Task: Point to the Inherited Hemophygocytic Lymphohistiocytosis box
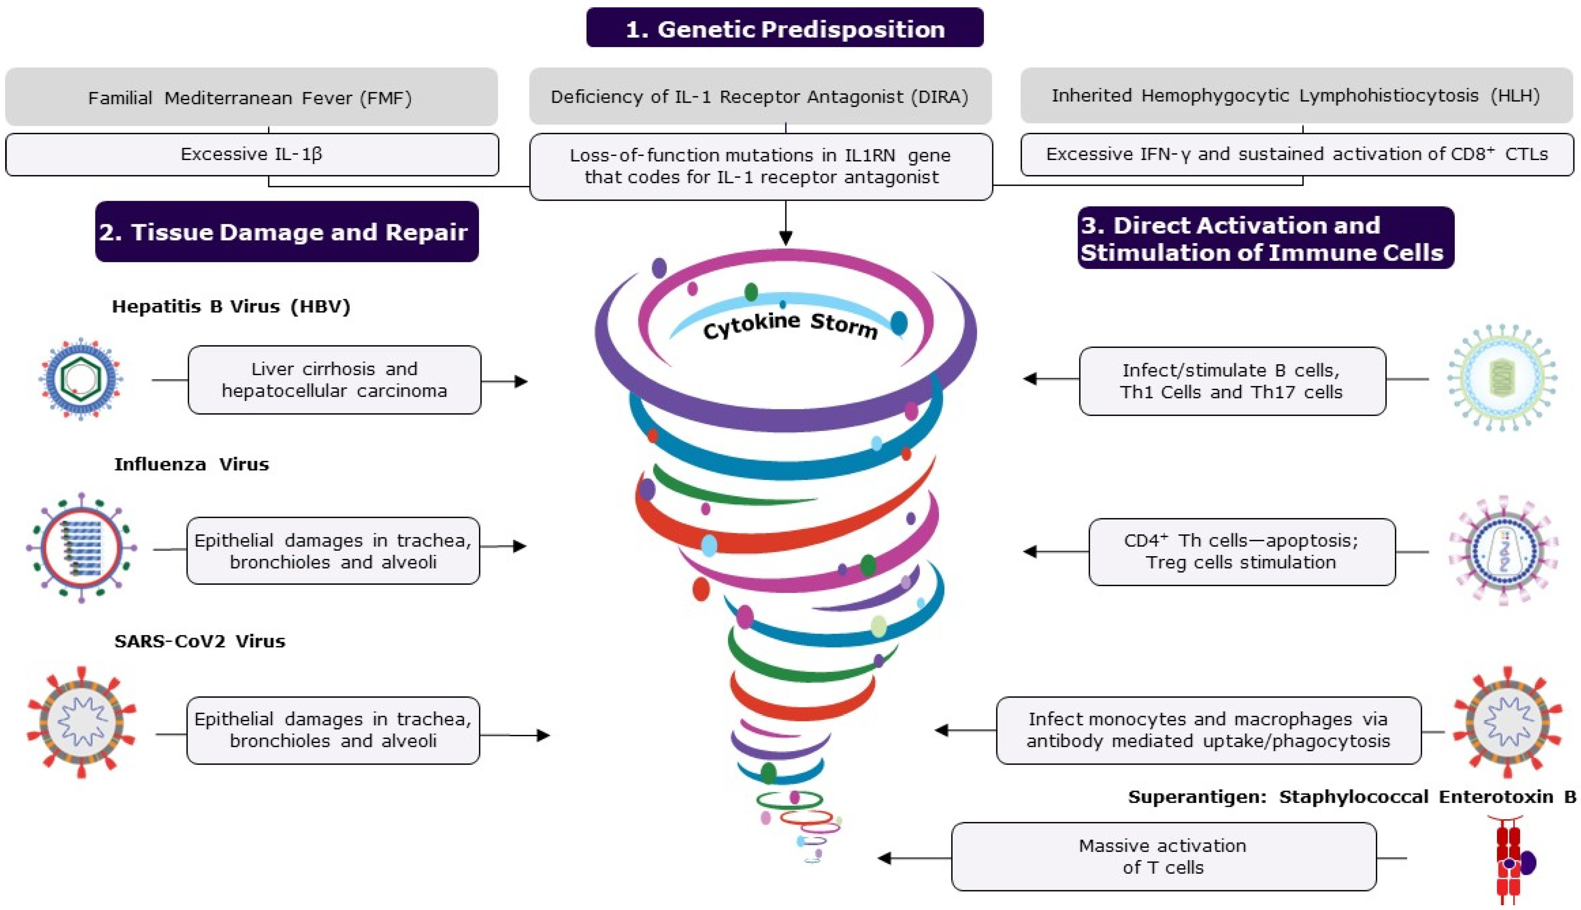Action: (x=1296, y=95)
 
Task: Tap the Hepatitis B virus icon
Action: (x=81, y=378)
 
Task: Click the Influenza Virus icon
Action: (x=81, y=547)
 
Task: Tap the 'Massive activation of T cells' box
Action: (x=1163, y=856)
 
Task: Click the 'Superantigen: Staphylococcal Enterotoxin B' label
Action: (x=1351, y=797)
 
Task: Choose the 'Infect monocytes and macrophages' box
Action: (x=1208, y=730)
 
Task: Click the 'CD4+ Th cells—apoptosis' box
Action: (x=1241, y=552)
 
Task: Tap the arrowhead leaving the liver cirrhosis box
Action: (x=521, y=381)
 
